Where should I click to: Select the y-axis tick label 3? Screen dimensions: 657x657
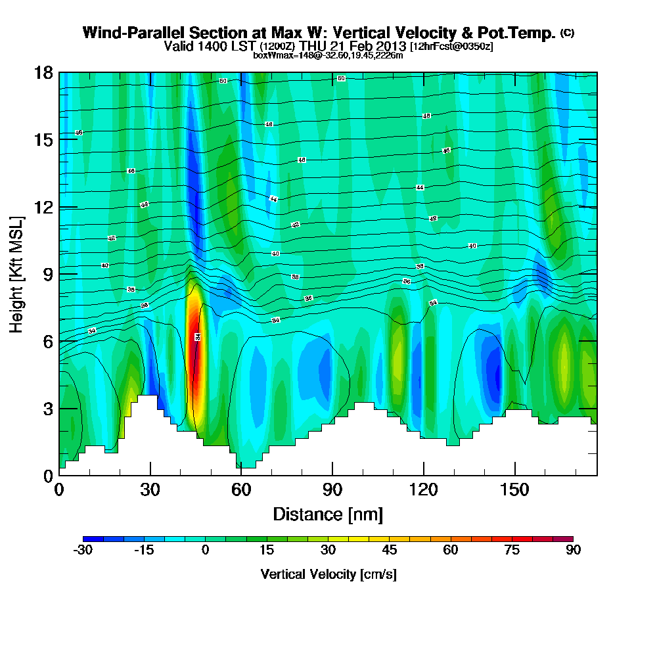point(47,408)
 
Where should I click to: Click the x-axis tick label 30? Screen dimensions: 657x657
point(150,490)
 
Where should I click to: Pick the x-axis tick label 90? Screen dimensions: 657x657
point(332,490)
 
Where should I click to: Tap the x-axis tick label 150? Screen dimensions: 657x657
point(514,490)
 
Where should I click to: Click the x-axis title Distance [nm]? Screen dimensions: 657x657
point(328,514)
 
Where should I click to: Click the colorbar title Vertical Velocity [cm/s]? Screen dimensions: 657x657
point(328,574)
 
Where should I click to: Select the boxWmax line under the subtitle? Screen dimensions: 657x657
point(328,55)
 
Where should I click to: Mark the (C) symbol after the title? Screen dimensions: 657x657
point(567,32)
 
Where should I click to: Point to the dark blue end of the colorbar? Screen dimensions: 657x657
point(89,539)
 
